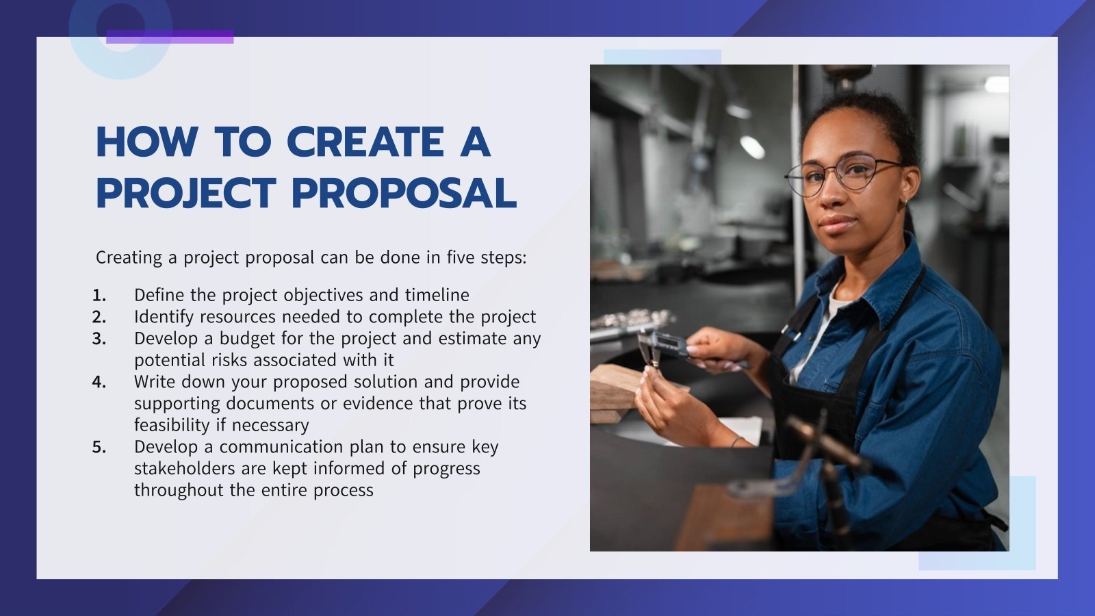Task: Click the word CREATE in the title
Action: click(x=365, y=142)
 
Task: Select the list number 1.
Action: click(x=99, y=296)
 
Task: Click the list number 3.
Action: click(x=99, y=339)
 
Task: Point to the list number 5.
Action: click(x=99, y=448)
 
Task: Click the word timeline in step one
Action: click(x=437, y=295)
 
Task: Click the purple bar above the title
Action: click(x=170, y=37)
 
